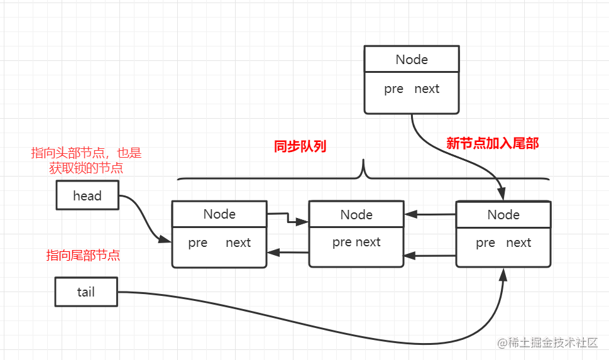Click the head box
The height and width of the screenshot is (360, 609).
click(x=87, y=195)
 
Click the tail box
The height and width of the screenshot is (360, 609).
click(x=86, y=292)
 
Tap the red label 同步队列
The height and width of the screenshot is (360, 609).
click(x=300, y=146)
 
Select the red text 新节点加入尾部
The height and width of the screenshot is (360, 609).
click(x=493, y=143)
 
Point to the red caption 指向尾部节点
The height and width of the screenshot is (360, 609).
click(x=83, y=255)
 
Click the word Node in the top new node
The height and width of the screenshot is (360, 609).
click(x=412, y=60)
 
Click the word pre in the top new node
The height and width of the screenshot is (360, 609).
click(x=393, y=89)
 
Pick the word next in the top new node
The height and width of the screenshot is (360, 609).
click(x=427, y=89)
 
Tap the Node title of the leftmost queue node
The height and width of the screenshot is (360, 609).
click(x=219, y=214)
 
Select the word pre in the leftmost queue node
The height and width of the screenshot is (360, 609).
click(x=198, y=243)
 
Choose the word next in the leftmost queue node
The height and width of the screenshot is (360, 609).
click(x=238, y=243)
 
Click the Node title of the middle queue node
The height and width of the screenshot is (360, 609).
click(x=356, y=214)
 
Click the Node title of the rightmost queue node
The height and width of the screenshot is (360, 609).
click(x=503, y=214)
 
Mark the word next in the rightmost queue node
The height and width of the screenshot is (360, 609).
click(x=518, y=243)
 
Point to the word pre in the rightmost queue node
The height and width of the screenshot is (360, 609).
click(x=485, y=243)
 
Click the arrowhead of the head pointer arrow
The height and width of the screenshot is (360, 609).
click(x=165, y=239)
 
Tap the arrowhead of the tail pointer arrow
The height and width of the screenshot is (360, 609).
click(x=503, y=274)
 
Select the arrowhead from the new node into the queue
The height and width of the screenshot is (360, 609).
click(x=502, y=194)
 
